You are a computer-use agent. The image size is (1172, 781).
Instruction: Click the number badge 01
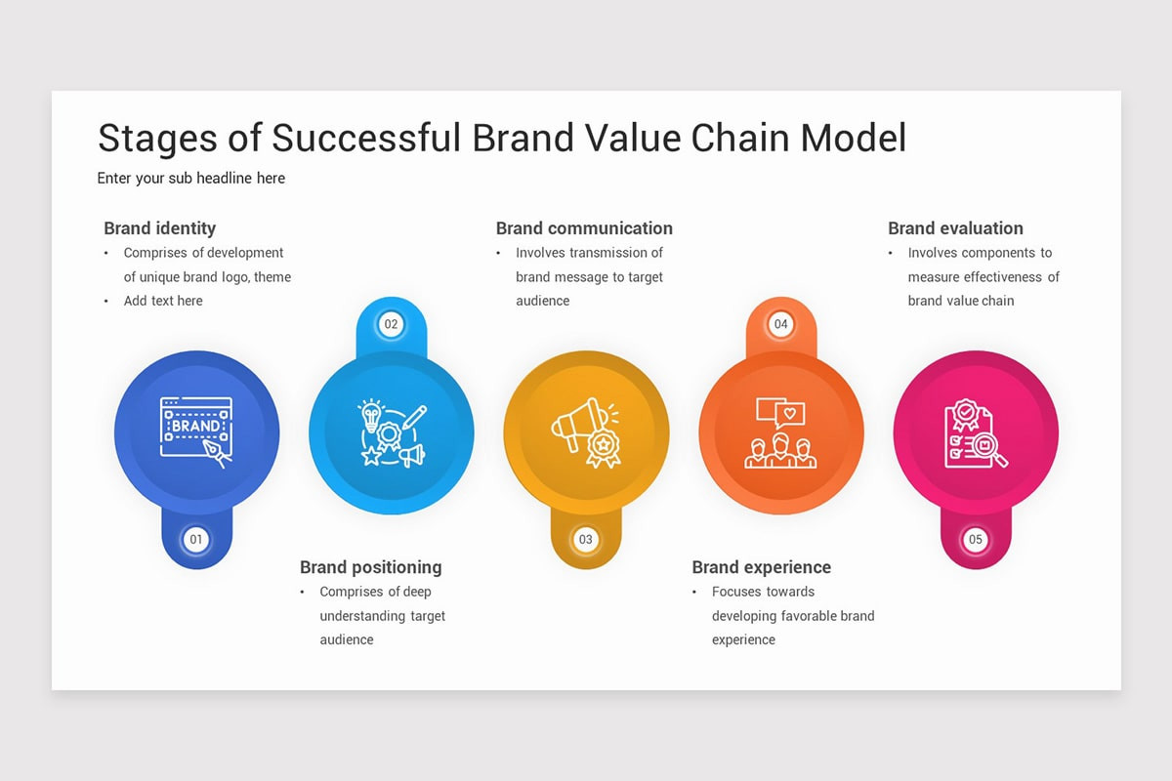[x=196, y=539]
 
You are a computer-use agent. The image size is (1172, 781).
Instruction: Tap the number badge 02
[x=391, y=324]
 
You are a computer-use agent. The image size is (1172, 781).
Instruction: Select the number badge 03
[x=585, y=539]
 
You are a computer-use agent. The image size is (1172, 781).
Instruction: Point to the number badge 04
[x=780, y=324]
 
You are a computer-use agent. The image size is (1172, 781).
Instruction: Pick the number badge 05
[x=976, y=539]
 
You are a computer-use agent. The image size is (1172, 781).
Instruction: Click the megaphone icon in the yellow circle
[x=586, y=432]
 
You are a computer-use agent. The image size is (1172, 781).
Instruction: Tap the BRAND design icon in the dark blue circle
[x=196, y=432]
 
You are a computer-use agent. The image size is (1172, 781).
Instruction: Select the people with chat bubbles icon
[x=780, y=432]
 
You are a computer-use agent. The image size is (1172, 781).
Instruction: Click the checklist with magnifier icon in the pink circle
[x=976, y=433]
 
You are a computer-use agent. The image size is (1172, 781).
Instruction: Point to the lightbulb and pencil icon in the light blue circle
[x=392, y=432]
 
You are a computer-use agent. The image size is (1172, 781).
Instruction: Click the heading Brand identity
[x=159, y=228]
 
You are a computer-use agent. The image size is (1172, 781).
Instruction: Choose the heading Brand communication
[x=584, y=228]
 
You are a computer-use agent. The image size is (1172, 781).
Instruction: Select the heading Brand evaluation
[x=955, y=228]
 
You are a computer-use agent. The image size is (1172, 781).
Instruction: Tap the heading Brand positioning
[x=370, y=567]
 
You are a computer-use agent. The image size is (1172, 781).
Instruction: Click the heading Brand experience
[x=761, y=567]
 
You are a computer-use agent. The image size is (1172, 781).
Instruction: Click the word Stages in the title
[x=157, y=139]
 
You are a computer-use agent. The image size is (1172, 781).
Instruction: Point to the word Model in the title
[x=854, y=138]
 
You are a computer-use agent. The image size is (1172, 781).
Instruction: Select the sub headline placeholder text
[x=191, y=179]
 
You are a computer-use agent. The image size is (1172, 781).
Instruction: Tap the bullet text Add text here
[x=163, y=301]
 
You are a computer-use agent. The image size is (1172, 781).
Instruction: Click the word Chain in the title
[x=740, y=138]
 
